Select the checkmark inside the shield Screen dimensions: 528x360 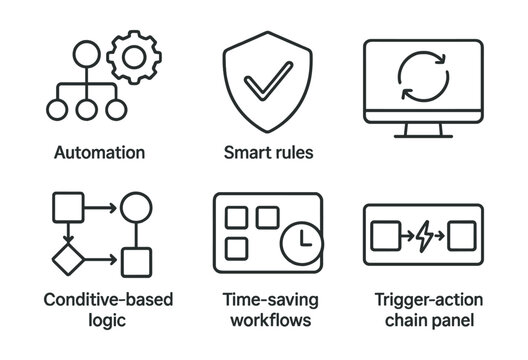click(x=264, y=81)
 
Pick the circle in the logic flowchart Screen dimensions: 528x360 click(x=135, y=211)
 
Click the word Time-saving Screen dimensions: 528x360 click(x=264, y=299)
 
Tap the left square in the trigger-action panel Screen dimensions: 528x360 click(x=386, y=237)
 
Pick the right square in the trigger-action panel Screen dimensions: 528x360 click(x=462, y=237)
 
